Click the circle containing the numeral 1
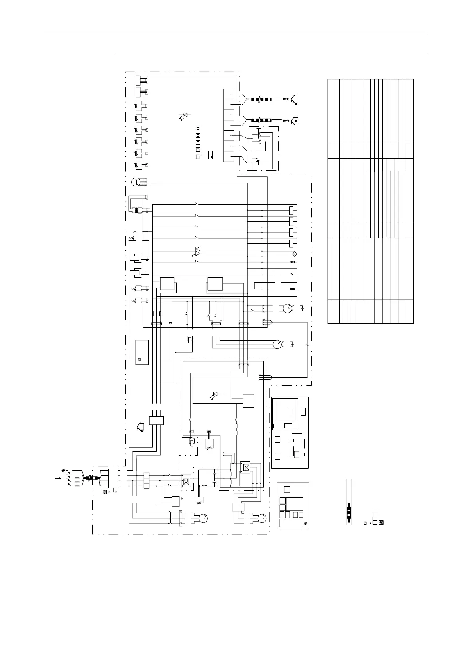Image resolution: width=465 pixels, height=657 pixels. click(x=135, y=182)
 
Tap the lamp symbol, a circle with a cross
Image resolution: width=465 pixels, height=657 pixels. click(x=295, y=254)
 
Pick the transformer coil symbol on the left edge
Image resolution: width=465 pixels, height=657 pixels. click(x=137, y=210)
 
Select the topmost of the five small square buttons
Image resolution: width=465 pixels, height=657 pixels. click(x=198, y=128)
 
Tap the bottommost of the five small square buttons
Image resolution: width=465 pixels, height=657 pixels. click(x=198, y=157)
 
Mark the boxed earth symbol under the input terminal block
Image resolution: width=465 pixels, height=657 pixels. click(x=104, y=492)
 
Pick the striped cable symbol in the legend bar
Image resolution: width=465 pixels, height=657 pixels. click(x=349, y=511)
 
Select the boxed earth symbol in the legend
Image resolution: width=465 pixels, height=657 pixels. click(x=381, y=523)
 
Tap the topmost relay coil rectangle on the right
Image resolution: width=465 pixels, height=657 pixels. click(x=292, y=210)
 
